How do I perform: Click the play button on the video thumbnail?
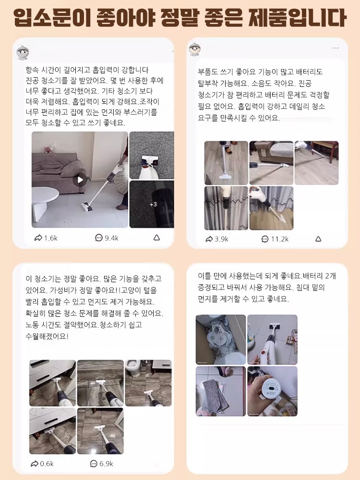(x=80, y=180)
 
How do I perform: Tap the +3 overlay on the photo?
(x=153, y=204)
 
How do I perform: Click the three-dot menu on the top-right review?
(x=336, y=48)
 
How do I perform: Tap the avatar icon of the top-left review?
(x=23, y=52)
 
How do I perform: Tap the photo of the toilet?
(x=148, y=383)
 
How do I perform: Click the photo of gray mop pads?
(x=220, y=391)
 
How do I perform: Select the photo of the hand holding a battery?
(x=272, y=391)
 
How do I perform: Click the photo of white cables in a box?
(x=220, y=339)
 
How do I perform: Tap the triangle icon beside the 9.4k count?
(x=156, y=238)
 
